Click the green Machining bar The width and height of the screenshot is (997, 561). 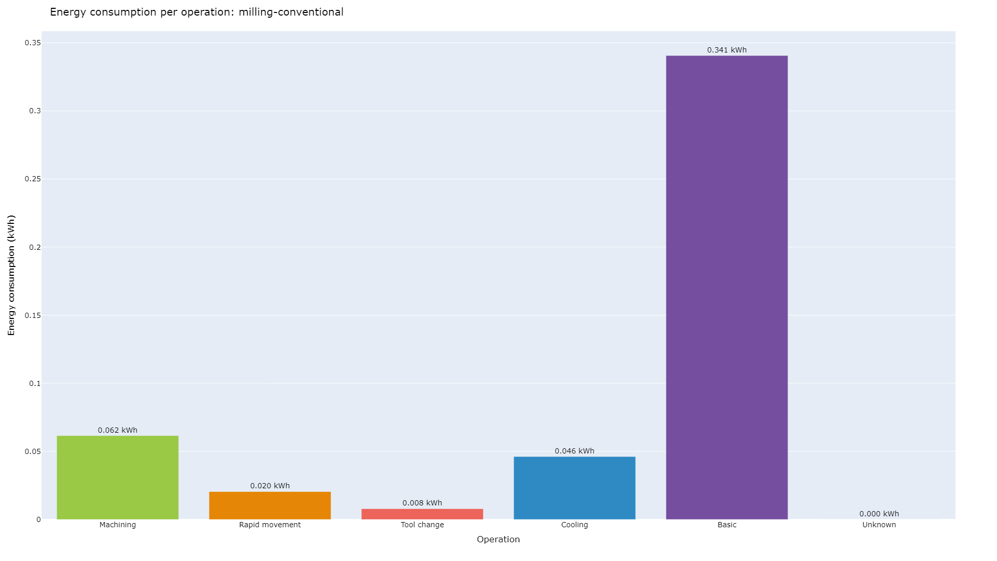coord(117,477)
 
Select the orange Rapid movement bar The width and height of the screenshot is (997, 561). coord(270,505)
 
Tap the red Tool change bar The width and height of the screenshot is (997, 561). coord(422,514)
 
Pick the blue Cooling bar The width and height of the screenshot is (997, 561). coord(574,488)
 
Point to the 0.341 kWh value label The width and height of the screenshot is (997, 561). coord(726,50)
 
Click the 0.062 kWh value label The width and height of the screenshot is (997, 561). coord(117,430)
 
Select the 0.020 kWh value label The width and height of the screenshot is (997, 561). coord(270,486)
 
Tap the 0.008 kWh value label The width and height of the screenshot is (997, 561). coord(422,503)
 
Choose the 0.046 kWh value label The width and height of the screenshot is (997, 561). coord(574,451)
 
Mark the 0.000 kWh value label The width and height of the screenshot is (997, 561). coord(879,514)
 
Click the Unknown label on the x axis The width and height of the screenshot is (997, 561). coord(879,525)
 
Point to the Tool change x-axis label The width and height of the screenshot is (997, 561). coord(422,525)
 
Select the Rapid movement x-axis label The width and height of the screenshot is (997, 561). coord(270,525)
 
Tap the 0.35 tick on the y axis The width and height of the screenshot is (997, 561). coord(33,43)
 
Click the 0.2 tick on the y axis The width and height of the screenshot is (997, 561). coord(35,247)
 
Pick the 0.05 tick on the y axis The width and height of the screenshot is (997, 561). coord(33,451)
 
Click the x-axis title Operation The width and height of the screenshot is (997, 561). coord(498,539)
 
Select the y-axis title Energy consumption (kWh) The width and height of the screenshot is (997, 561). coord(11,275)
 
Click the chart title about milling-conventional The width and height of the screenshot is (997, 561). coord(196,12)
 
